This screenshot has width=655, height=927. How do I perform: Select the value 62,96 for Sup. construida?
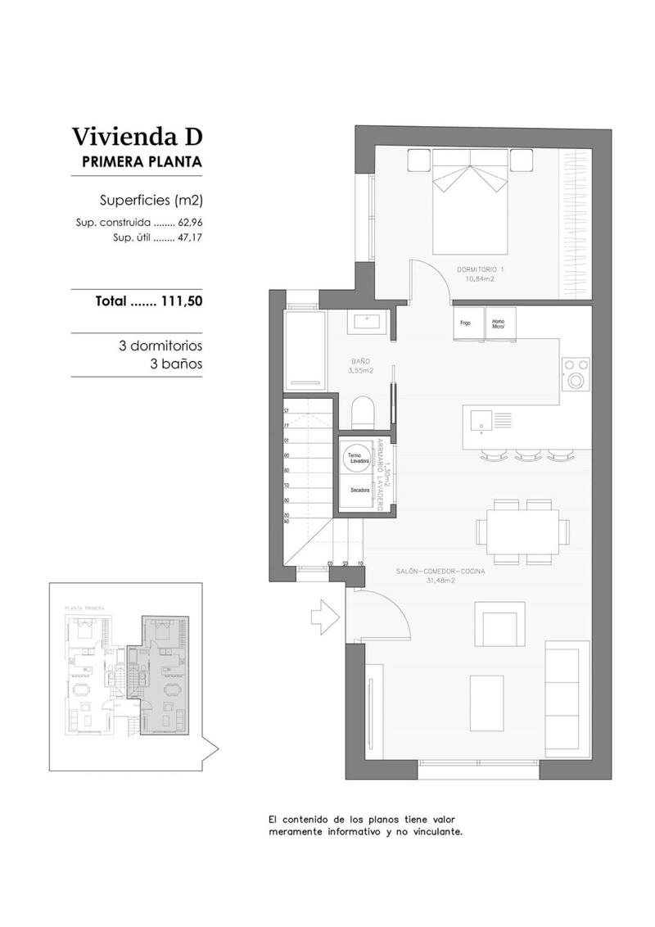[189, 223]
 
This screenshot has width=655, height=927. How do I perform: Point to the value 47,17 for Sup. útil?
[189, 237]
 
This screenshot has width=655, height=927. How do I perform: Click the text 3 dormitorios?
[160, 346]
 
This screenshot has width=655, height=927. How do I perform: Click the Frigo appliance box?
[466, 322]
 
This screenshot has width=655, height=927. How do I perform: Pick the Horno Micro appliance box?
[499, 322]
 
